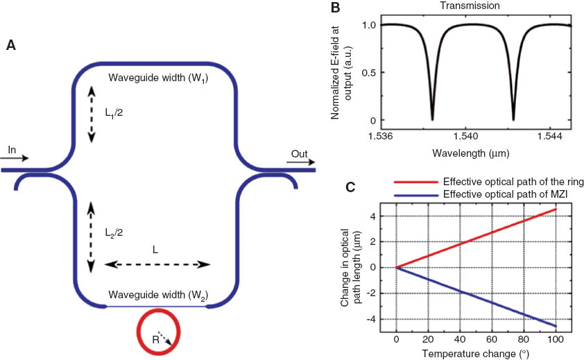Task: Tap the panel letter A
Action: point(10,46)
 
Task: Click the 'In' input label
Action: point(12,149)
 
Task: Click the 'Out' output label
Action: point(299,154)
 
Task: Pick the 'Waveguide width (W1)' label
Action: point(158,78)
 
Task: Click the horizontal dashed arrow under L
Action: point(157,264)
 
